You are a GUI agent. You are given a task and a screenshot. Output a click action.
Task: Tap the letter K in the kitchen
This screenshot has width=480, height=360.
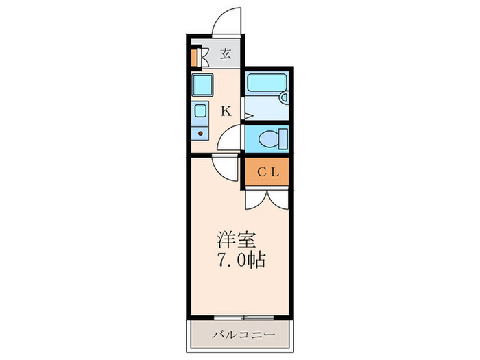pyautogui.click(x=225, y=110)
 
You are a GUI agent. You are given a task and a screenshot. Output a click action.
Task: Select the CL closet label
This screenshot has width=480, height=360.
pyautogui.click(x=267, y=172)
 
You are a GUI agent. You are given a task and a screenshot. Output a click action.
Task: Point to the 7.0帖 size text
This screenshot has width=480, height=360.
pyautogui.click(x=241, y=261)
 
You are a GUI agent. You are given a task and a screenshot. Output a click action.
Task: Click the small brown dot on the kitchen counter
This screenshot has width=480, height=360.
pyautogui.click(x=200, y=134)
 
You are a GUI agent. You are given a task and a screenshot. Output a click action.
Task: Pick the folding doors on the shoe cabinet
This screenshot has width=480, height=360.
pyautogui.click(x=204, y=56)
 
